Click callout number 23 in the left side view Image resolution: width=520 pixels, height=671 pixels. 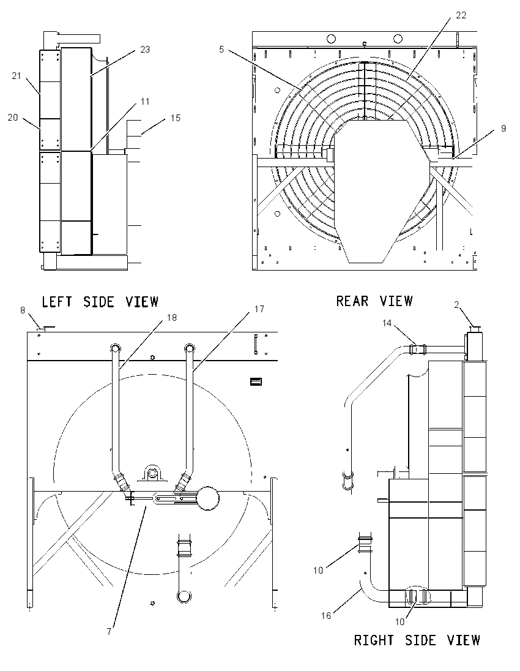[x=146, y=50]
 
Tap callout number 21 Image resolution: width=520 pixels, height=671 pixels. [x=17, y=76]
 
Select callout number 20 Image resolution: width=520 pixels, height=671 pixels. [x=13, y=118]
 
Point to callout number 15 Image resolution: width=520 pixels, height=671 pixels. [x=176, y=118]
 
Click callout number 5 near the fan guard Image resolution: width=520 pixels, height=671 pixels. [x=221, y=50]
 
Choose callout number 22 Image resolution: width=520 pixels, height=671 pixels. [x=461, y=15]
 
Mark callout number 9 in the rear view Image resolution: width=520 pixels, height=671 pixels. [x=503, y=129]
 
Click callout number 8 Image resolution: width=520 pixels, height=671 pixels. [x=23, y=310]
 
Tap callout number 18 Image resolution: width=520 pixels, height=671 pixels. [x=172, y=318]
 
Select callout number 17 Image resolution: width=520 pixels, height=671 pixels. [x=259, y=309]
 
